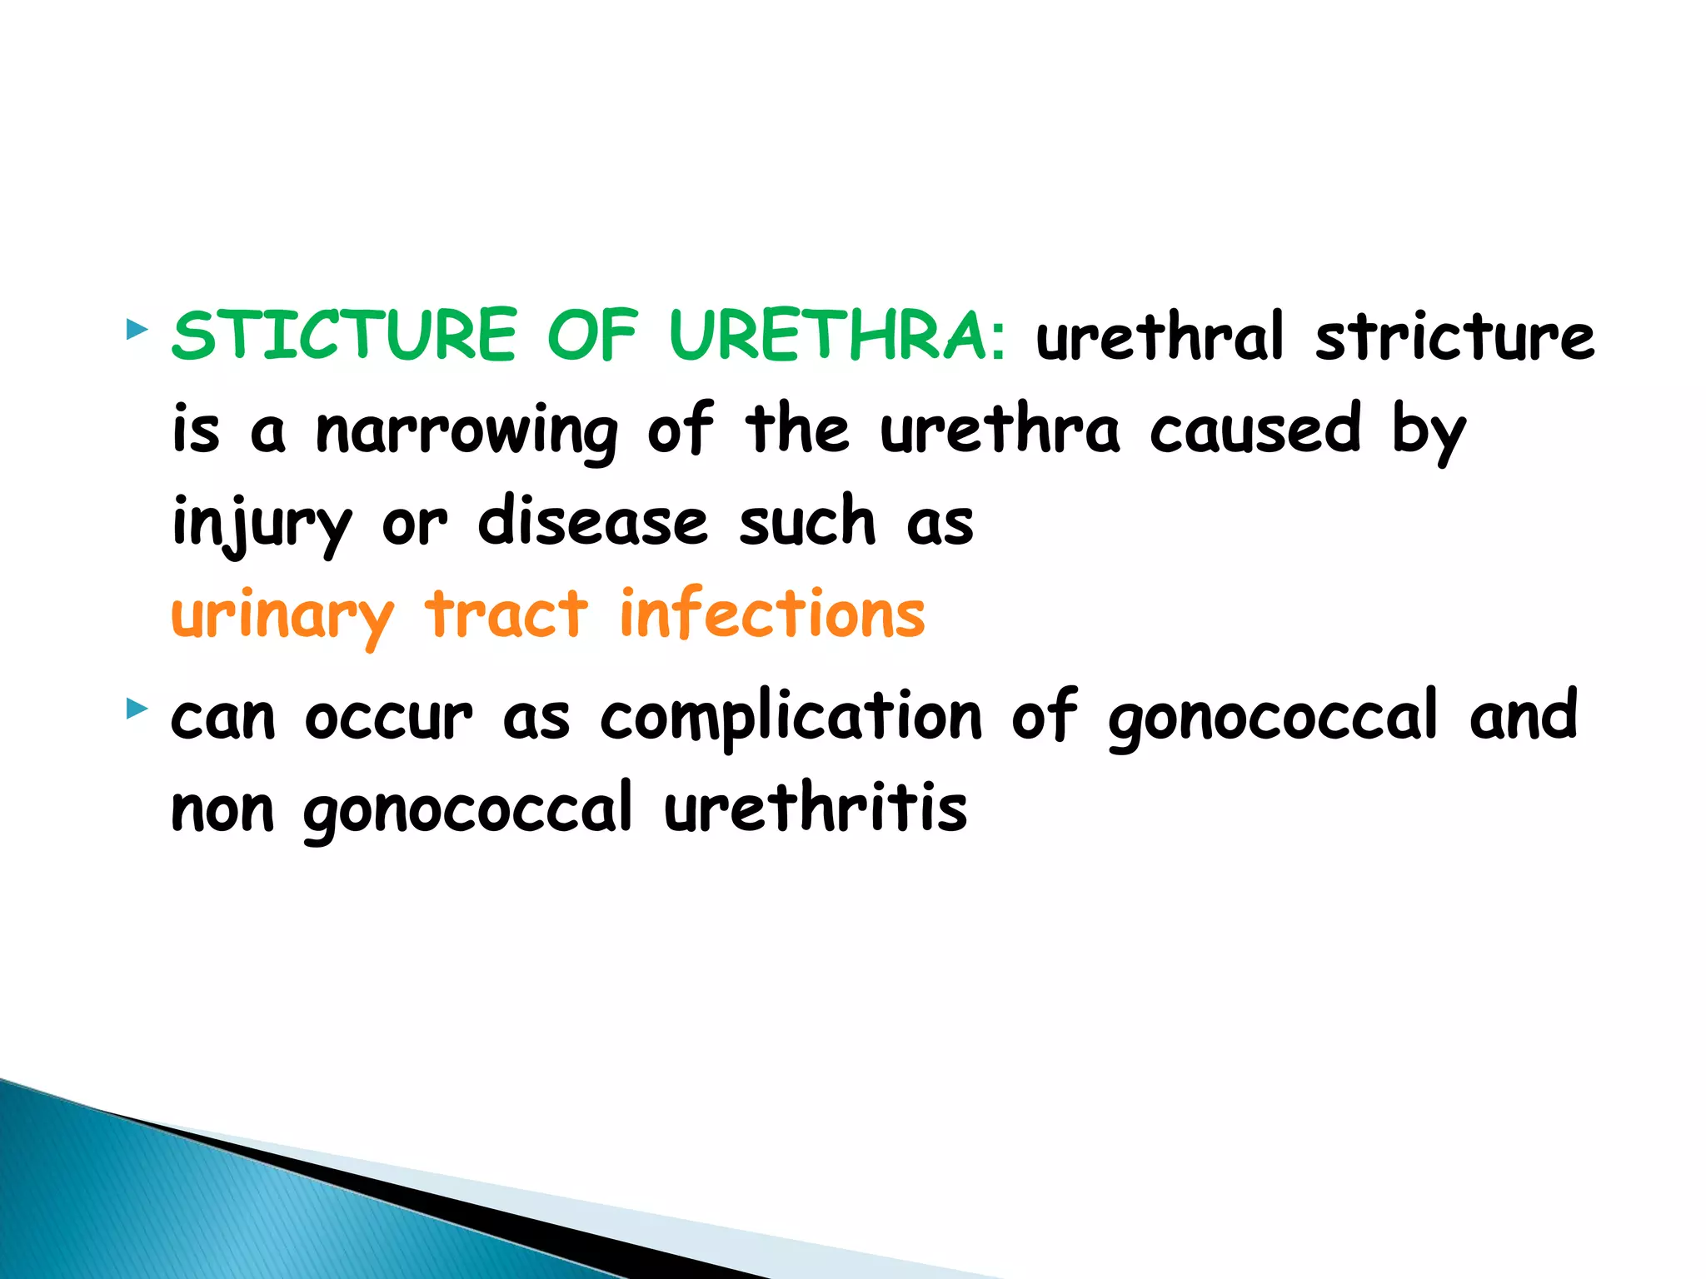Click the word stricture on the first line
point(1454,336)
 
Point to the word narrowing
point(466,430)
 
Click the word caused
point(1255,429)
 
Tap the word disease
point(592,522)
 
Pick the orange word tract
point(506,615)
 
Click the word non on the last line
point(222,810)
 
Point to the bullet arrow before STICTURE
point(137,330)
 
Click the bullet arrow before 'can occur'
point(137,709)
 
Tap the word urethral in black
point(1160,336)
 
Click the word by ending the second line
point(1428,430)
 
